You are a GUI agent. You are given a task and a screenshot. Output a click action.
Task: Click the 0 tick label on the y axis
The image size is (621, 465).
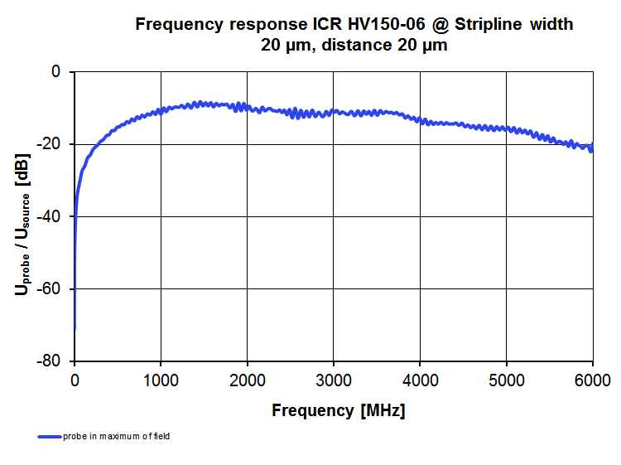tap(56, 72)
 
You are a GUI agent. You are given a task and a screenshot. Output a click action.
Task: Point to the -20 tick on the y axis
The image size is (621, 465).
tap(51, 144)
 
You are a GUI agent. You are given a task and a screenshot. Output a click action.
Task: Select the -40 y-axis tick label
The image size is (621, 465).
tap(51, 216)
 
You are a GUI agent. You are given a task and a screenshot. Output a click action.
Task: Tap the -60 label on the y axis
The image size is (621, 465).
tap(51, 289)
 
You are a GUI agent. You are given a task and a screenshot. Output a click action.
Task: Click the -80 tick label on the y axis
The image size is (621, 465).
tap(51, 361)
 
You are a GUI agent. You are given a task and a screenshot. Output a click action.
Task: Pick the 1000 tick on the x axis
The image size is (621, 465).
tap(161, 381)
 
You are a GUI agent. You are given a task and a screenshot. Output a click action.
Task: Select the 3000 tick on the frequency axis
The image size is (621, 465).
tap(334, 381)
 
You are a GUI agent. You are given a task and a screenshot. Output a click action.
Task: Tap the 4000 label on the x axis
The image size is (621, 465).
tap(420, 381)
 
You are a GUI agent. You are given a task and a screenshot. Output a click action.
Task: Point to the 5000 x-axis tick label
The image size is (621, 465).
tap(506, 381)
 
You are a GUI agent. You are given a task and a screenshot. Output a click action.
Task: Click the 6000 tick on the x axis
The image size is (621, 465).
tap(591, 381)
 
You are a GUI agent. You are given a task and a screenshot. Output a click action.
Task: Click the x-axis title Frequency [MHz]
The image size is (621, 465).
tap(339, 410)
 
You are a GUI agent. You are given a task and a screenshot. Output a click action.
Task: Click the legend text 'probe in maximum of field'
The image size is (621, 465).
tap(116, 436)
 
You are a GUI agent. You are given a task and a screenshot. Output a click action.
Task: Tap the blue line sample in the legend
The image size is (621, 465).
tap(49, 436)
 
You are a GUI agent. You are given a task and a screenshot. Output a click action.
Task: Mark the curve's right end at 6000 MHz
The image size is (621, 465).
tap(592, 147)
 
